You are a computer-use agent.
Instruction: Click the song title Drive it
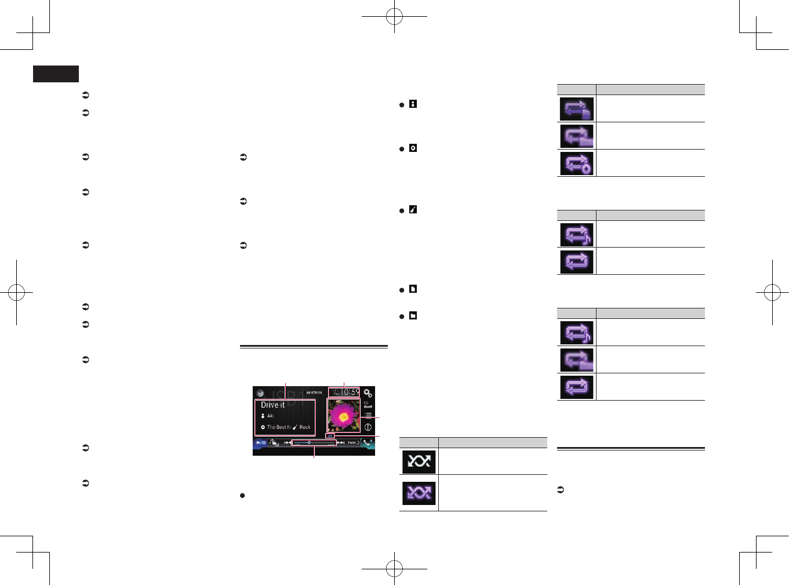(272, 405)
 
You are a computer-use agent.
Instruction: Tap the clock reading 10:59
(349, 393)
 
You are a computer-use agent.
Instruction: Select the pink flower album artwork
(343, 416)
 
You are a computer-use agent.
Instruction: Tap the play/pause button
(261, 442)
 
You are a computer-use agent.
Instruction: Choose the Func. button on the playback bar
(352, 442)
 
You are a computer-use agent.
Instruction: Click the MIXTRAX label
(314, 393)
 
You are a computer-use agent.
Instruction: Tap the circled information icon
(368, 427)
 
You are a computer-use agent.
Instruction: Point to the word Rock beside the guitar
(305, 427)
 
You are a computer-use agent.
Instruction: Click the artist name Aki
(270, 416)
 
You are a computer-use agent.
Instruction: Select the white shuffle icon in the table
(419, 462)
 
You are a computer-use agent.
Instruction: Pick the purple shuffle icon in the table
(419, 493)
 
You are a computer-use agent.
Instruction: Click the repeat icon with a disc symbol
(576, 163)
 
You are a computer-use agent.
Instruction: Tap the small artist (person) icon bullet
(413, 104)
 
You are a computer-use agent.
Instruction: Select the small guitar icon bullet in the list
(413, 210)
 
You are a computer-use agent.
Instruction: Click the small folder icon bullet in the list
(413, 316)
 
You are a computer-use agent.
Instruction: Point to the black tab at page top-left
(56, 74)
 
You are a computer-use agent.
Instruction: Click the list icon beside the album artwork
(368, 415)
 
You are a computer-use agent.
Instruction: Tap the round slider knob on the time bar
(309, 442)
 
